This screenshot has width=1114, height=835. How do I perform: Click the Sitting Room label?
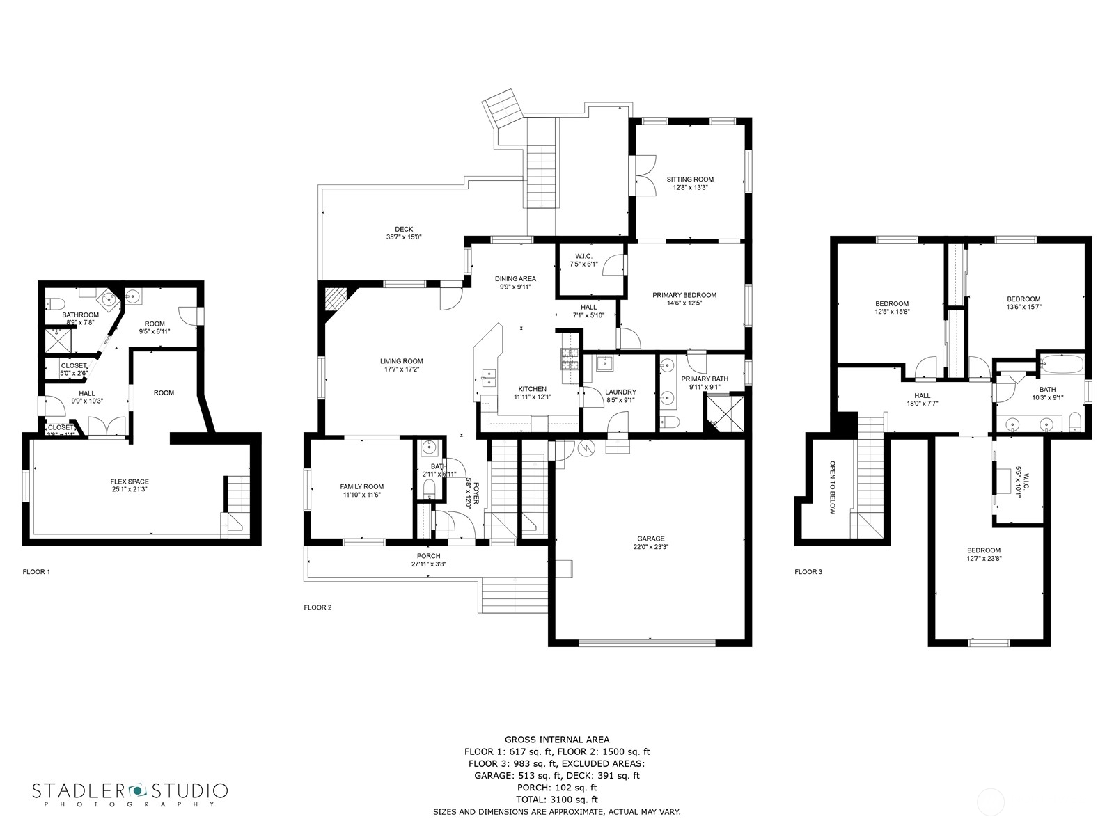[x=689, y=179]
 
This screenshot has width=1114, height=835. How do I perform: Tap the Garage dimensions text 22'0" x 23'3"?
[x=650, y=547]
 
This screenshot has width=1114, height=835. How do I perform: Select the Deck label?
[x=404, y=229]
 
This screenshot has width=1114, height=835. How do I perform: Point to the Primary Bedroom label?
[x=684, y=295]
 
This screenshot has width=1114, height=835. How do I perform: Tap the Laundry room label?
[x=620, y=392]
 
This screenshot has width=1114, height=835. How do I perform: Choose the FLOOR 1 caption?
[x=36, y=572]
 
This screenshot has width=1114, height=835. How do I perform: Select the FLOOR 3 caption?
[x=808, y=572]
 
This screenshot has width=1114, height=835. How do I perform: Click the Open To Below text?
[x=832, y=487]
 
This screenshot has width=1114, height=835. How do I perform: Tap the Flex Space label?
[x=130, y=482]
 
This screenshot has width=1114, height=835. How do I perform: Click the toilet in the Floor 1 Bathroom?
[x=56, y=303]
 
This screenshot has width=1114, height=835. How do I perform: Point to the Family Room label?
[x=361, y=486]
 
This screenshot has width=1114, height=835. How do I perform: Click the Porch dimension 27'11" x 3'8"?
[x=428, y=564]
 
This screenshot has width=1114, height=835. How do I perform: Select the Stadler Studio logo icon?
[x=136, y=790]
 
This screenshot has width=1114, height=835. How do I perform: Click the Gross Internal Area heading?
[x=556, y=740]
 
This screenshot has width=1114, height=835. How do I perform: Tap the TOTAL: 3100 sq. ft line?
[x=556, y=800]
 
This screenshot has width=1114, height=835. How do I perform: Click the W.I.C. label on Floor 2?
[x=583, y=255]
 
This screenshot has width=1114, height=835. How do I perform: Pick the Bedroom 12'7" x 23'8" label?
[x=983, y=550]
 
